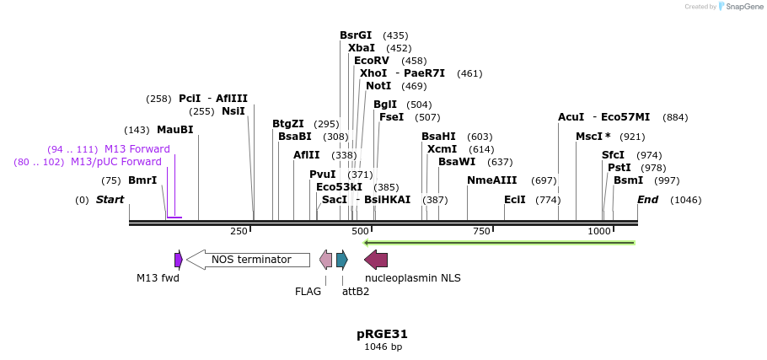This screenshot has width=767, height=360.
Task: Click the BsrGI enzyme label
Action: [355, 35]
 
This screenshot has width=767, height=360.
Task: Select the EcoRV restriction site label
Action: [372, 61]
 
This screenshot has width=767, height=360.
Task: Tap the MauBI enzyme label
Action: [174, 130]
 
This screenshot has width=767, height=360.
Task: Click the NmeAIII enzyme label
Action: [491, 180]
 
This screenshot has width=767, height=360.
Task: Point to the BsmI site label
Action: [628, 180]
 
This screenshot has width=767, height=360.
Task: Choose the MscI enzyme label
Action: [590, 137]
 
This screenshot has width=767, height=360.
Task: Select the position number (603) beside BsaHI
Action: [479, 137]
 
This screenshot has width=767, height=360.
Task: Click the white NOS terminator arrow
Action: [248, 260]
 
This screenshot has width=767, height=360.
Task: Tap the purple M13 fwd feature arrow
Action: [179, 260]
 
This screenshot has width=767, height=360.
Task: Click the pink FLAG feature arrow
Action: [325, 260]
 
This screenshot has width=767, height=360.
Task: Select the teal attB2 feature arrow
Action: [341, 260]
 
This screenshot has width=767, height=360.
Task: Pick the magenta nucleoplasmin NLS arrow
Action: [376, 260]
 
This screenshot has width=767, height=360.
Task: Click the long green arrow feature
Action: [499, 243]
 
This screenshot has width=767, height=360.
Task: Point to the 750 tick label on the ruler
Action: [481, 231]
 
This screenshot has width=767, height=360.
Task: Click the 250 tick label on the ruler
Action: [239, 231]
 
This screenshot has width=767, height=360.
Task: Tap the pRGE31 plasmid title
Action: [383, 334]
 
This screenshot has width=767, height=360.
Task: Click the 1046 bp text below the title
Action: [383, 347]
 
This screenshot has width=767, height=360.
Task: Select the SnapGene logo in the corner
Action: [739, 6]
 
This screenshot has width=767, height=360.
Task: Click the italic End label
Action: [647, 200]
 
